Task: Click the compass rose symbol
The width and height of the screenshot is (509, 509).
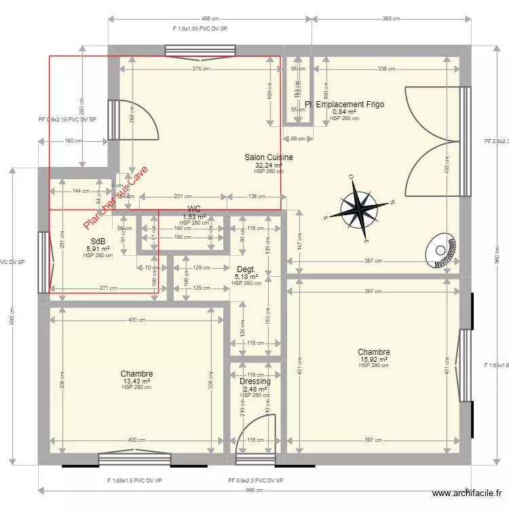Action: point(360,208)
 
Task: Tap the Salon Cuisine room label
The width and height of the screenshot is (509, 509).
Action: point(269,157)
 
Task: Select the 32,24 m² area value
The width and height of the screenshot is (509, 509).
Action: point(269,165)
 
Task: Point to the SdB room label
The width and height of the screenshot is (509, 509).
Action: point(98,241)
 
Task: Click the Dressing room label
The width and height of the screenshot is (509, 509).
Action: point(255,381)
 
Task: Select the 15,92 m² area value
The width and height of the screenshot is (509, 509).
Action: point(374,359)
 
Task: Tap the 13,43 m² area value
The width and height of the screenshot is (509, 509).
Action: point(136,381)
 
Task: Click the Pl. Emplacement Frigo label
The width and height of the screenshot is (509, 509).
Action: point(345,105)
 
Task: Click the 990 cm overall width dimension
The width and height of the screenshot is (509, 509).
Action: point(254,490)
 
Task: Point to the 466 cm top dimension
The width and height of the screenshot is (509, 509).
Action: point(210,19)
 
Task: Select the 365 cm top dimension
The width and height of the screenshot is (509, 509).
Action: point(391,19)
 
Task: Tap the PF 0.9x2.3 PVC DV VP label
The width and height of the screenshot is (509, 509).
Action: point(256,480)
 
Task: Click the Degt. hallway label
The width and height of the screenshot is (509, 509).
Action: point(246,269)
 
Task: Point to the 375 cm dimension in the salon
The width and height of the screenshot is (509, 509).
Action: point(200,69)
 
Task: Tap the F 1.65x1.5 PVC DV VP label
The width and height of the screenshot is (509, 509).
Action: point(134,480)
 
